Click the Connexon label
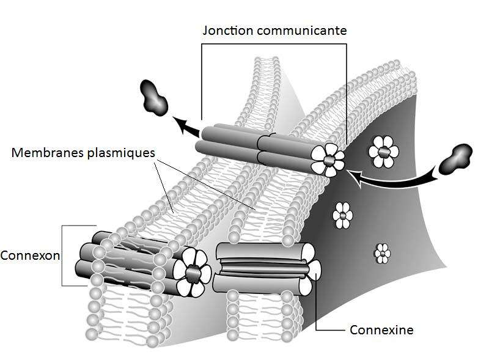click(x=30, y=255)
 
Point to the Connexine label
click(x=381, y=330)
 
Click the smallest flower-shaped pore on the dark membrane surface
click(x=383, y=251)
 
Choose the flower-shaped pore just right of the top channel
click(x=383, y=150)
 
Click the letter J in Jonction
click(x=205, y=30)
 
